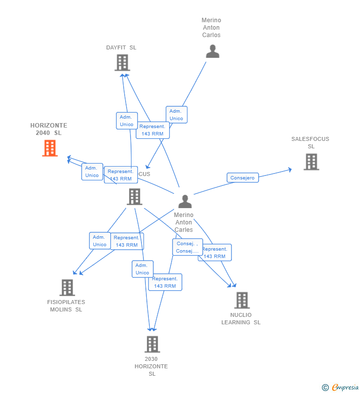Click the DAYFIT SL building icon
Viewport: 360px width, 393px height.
(x=122, y=63)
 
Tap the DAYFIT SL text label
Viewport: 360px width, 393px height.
(x=121, y=47)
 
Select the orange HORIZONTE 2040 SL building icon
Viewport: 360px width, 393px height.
(x=50, y=148)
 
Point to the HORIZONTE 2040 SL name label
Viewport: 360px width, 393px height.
(x=48, y=129)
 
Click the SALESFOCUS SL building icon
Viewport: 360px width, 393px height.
(x=311, y=162)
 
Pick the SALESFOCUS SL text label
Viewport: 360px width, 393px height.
(x=310, y=142)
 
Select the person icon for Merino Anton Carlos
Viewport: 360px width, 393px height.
(x=213, y=51)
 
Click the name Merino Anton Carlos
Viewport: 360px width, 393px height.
(x=211, y=28)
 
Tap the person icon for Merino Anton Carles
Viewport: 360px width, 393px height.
(x=185, y=201)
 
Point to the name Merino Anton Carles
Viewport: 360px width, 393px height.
(x=184, y=222)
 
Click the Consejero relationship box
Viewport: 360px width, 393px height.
(x=242, y=178)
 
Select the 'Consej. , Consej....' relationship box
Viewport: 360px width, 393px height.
(x=187, y=247)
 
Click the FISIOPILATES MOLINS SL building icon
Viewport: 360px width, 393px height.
(x=67, y=288)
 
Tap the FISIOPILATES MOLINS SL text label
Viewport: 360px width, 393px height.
(x=66, y=306)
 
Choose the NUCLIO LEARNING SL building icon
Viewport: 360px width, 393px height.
(x=242, y=300)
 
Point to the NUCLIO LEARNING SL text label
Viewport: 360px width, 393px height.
(x=241, y=318)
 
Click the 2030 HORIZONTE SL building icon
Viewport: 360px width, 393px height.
(x=152, y=344)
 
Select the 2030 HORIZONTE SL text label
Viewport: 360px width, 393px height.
(x=151, y=366)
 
